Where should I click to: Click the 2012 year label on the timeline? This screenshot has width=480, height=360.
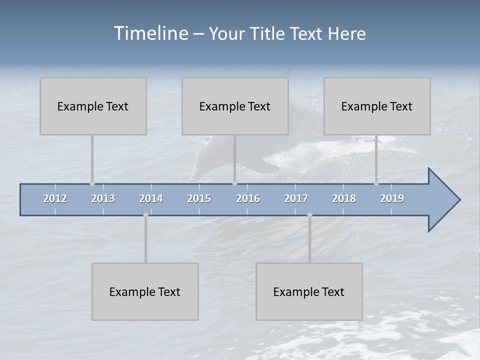55,198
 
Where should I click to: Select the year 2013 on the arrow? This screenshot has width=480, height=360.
103,198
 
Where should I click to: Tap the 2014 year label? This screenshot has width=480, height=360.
151,198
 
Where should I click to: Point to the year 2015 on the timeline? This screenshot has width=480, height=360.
199,198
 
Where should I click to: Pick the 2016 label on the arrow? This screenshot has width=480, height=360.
248,198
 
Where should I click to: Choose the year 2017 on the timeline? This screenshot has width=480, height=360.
296,198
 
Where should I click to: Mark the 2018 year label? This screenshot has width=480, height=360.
344,198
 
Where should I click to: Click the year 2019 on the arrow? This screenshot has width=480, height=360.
392,198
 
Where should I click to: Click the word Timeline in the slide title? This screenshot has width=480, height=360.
150,33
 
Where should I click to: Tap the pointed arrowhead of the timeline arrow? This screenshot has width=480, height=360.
445,200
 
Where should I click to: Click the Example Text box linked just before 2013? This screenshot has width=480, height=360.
93,106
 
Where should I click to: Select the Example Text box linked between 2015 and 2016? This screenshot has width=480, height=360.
235,106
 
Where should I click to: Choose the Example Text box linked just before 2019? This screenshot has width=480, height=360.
377,106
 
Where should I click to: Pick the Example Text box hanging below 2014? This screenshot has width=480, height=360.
145,291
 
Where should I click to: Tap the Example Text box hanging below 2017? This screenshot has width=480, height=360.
309,291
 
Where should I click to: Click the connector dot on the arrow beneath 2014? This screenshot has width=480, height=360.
145,215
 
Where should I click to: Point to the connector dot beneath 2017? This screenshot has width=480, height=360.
309,215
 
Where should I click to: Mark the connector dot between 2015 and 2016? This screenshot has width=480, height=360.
234,183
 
